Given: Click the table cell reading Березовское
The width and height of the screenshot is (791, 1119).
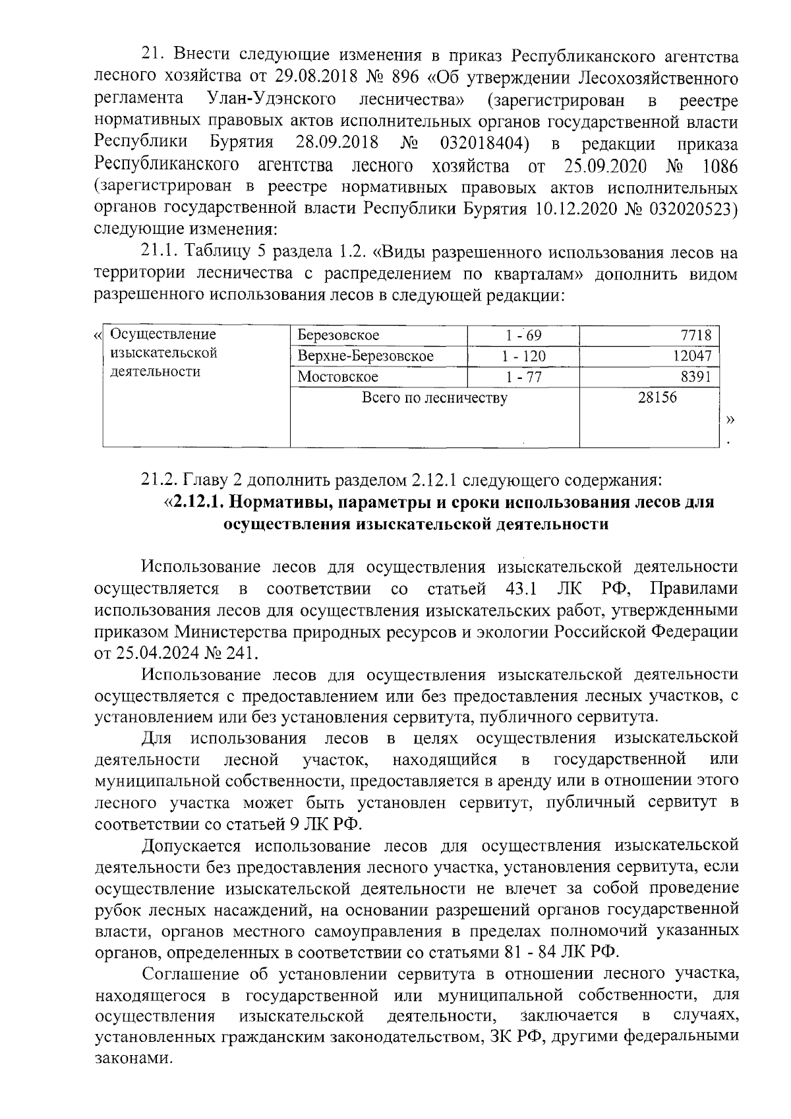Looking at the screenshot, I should pyautogui.click(x=338, y=335).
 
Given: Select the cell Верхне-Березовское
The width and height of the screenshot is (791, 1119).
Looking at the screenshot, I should pyautogui.click(x=365, y=356).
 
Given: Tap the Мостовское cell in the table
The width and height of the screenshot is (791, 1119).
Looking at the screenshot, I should pyautogui.click(x=337, y=377).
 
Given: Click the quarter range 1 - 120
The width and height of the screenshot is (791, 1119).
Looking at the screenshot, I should pyautogui.click(x=523, y=356).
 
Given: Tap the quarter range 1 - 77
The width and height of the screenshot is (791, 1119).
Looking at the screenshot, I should pyautogui.click(x=523, y=377).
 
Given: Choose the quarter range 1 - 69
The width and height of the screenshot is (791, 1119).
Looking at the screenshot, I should pyautogui.click(x=523, y=335).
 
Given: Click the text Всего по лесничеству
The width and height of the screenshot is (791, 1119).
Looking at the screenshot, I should pyautogui.click(x=434, y=397).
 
